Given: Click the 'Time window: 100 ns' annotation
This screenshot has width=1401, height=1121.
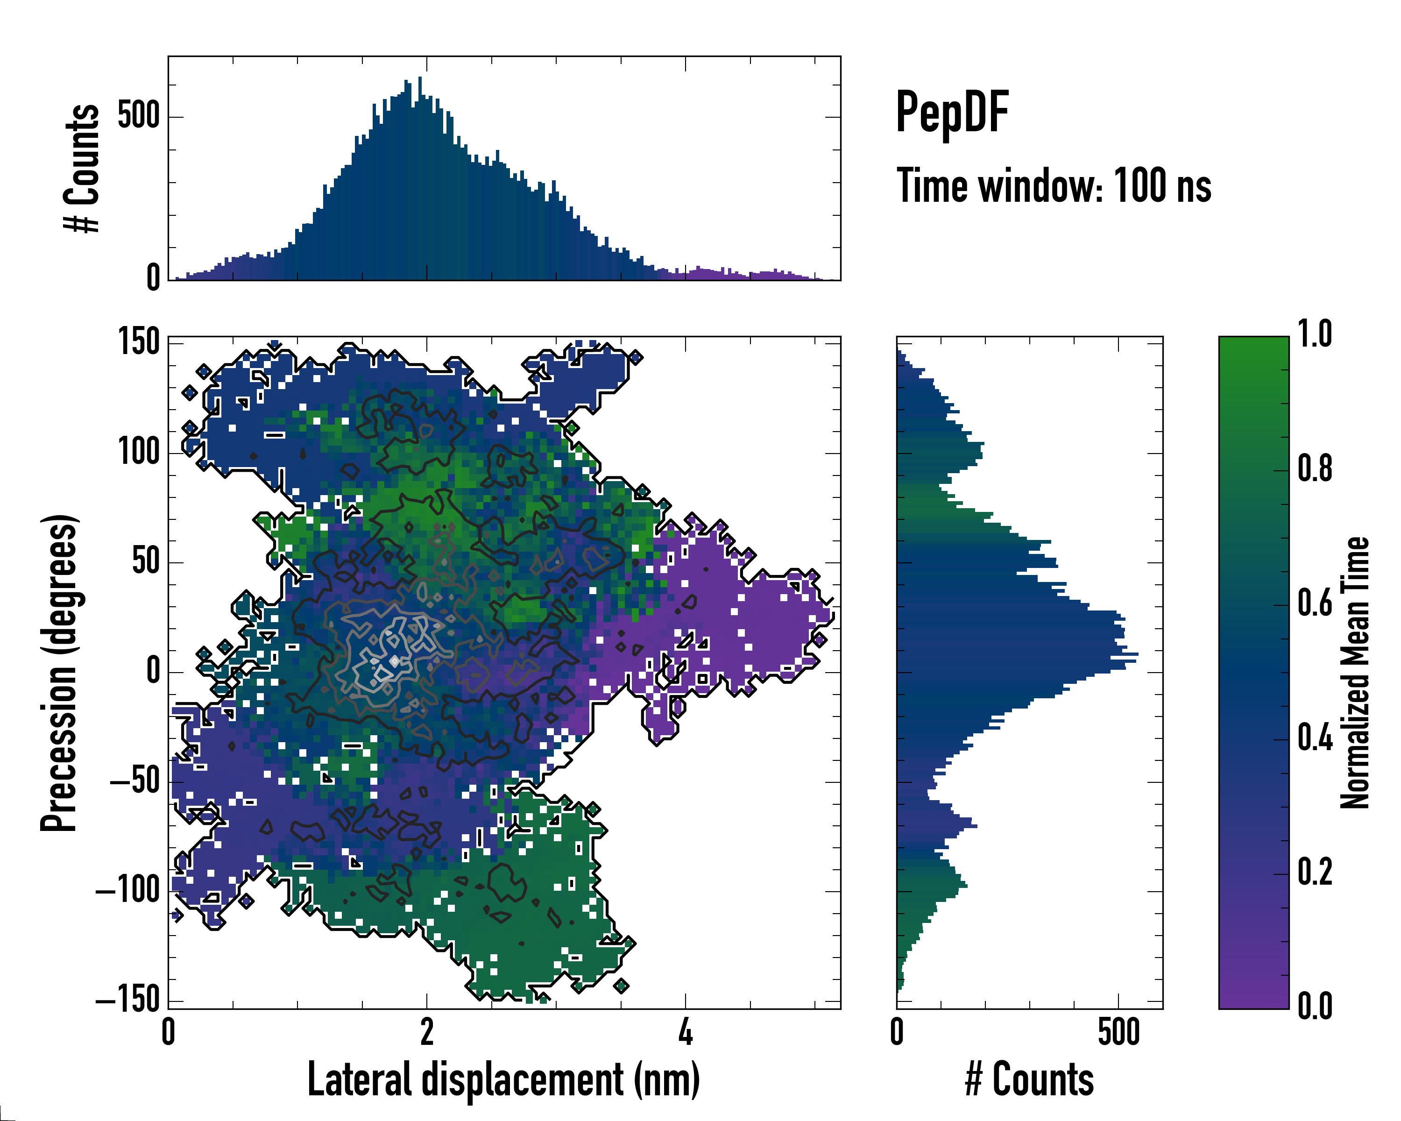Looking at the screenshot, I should [1054, 186].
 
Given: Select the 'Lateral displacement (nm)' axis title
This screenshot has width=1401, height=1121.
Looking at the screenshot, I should [503, 1079].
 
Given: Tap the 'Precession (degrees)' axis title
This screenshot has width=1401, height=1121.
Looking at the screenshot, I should [60, 673].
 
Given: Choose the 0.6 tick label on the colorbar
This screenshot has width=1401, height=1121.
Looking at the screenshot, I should [1315, 603].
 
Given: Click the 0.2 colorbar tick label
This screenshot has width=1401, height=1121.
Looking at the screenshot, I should [1315, 872].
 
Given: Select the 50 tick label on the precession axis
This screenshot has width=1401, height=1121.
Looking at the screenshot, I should [146, 561].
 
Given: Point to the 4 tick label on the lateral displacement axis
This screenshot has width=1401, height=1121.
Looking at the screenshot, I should [686, 1032].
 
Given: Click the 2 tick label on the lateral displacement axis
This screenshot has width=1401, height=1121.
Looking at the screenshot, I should [427, 1032].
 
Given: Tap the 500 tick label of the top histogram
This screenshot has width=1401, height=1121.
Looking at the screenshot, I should [138, 116].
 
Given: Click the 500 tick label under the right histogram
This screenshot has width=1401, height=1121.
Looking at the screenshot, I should [1119, 1032].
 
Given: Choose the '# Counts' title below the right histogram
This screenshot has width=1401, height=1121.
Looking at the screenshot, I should [1029, 1079].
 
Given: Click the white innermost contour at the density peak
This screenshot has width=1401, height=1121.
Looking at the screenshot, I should [394, 661].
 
